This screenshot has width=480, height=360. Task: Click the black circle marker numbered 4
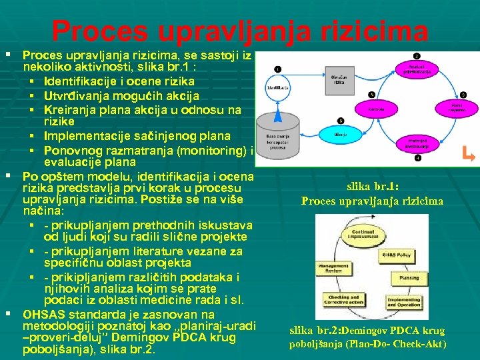coord(417,159)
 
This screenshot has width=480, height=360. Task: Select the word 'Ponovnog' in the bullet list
coord(71,149)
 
